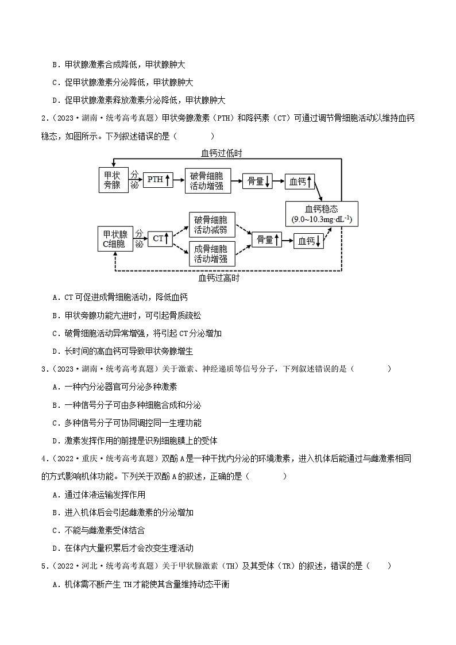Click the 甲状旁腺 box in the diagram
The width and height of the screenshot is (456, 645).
pos(113,179)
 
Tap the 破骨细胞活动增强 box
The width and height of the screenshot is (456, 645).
pos(207,180)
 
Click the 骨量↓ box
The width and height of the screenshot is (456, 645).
pos(256,181)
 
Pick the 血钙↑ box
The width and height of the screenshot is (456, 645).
pos(301,181)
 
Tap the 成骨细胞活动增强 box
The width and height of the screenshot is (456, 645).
pos(210,254)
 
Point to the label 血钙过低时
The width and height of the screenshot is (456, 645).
pos(221,153)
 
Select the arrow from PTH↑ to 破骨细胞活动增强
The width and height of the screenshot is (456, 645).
pos(179,180)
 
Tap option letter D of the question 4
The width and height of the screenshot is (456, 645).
pos(55,548)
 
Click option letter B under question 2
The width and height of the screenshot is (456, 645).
pos(55,315)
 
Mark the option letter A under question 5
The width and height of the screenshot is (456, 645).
pos(55,584)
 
